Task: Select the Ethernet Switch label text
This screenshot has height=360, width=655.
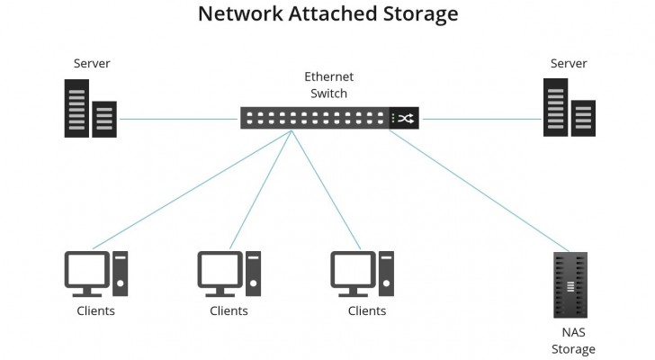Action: click(328, 85)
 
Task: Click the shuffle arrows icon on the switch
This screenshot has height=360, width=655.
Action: click(405, 118)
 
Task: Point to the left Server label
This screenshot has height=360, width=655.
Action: click(92, 64)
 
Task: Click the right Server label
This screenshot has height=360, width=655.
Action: click(569, 64)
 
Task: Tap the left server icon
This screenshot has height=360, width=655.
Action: click(90, 109)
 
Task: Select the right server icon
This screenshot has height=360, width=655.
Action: click(569, 109)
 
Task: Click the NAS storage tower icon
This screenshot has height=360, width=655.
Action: click(569, 285)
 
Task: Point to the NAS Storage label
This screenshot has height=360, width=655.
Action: click(572, 340)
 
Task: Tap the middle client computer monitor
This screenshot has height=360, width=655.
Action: click(220, 270)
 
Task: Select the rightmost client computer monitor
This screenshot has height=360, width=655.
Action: click(353, 270)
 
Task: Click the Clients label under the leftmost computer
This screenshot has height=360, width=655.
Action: click(95, 311)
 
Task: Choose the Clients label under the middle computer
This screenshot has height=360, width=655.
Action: click(229, 311)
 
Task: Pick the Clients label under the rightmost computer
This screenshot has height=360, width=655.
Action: click(367, 311)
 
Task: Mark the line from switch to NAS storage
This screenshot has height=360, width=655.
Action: click(486, 189)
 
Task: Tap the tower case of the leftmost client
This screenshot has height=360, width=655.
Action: click(120, 273)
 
